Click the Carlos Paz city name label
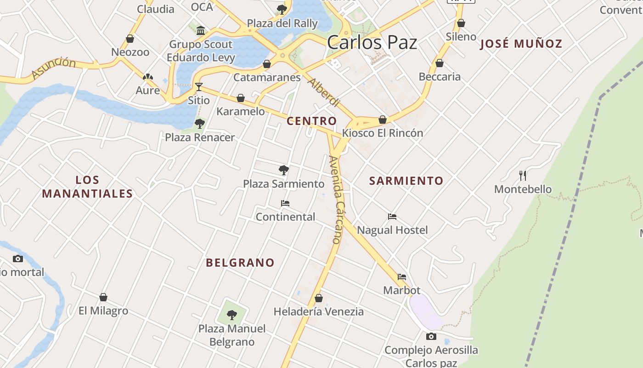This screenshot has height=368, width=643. click(372, 43)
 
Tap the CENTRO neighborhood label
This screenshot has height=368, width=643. click(311, 121)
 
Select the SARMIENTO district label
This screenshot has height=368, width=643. click(406, 181)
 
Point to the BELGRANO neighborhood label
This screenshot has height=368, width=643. click(240, 263)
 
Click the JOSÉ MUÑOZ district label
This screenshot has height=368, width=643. click(521, 44)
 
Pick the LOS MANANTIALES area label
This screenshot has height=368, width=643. click(87, 187)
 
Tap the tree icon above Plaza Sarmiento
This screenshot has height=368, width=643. click(284, 170)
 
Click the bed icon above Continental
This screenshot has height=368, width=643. click(285, 203)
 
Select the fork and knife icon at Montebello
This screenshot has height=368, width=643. click(523, 175)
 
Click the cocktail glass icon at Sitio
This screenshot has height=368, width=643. click(198, 86)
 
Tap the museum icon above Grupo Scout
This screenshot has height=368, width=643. click(201, 31)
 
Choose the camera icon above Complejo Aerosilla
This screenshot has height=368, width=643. click(431, 336)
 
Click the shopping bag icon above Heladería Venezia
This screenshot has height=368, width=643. click(319, 298)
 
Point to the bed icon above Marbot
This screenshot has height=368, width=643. click(402, 277)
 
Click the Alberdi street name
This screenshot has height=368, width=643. click(324, 92)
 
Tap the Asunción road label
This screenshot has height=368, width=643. click(54, 68)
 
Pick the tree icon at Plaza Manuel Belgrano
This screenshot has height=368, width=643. click(232, 315)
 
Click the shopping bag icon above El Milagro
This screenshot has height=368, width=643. click(103, 297)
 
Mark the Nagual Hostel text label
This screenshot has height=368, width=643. click(392, 230)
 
